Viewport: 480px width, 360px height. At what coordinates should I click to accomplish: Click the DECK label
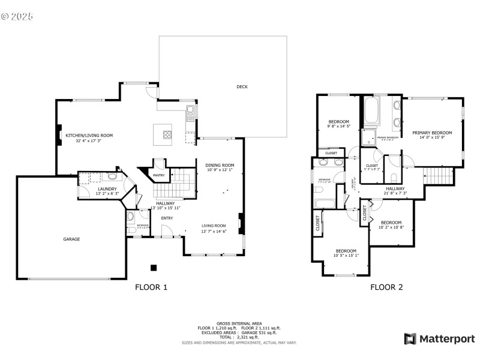[242, 87]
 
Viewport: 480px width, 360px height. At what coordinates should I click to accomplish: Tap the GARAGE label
[72, 239]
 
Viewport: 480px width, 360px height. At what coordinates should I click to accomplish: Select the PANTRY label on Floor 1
[158, 175]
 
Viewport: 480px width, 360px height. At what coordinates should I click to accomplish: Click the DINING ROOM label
[220, 165]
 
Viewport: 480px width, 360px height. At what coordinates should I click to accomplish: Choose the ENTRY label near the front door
[167, 218]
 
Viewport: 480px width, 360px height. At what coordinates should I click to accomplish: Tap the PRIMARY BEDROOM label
[432, 133]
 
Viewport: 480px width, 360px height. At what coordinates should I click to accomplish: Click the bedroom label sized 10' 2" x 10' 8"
[391, 223]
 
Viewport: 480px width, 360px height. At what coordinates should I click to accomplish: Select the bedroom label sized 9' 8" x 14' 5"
[338, 122]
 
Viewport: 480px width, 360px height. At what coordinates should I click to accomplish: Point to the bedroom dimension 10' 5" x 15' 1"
[346, 256]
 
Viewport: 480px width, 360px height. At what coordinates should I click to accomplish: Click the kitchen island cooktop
[167, 133]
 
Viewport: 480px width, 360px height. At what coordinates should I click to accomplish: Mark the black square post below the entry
[154, 268]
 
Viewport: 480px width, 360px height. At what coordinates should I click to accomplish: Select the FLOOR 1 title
[151, 287]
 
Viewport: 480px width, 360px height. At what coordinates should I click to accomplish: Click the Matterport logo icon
[410, 339]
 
